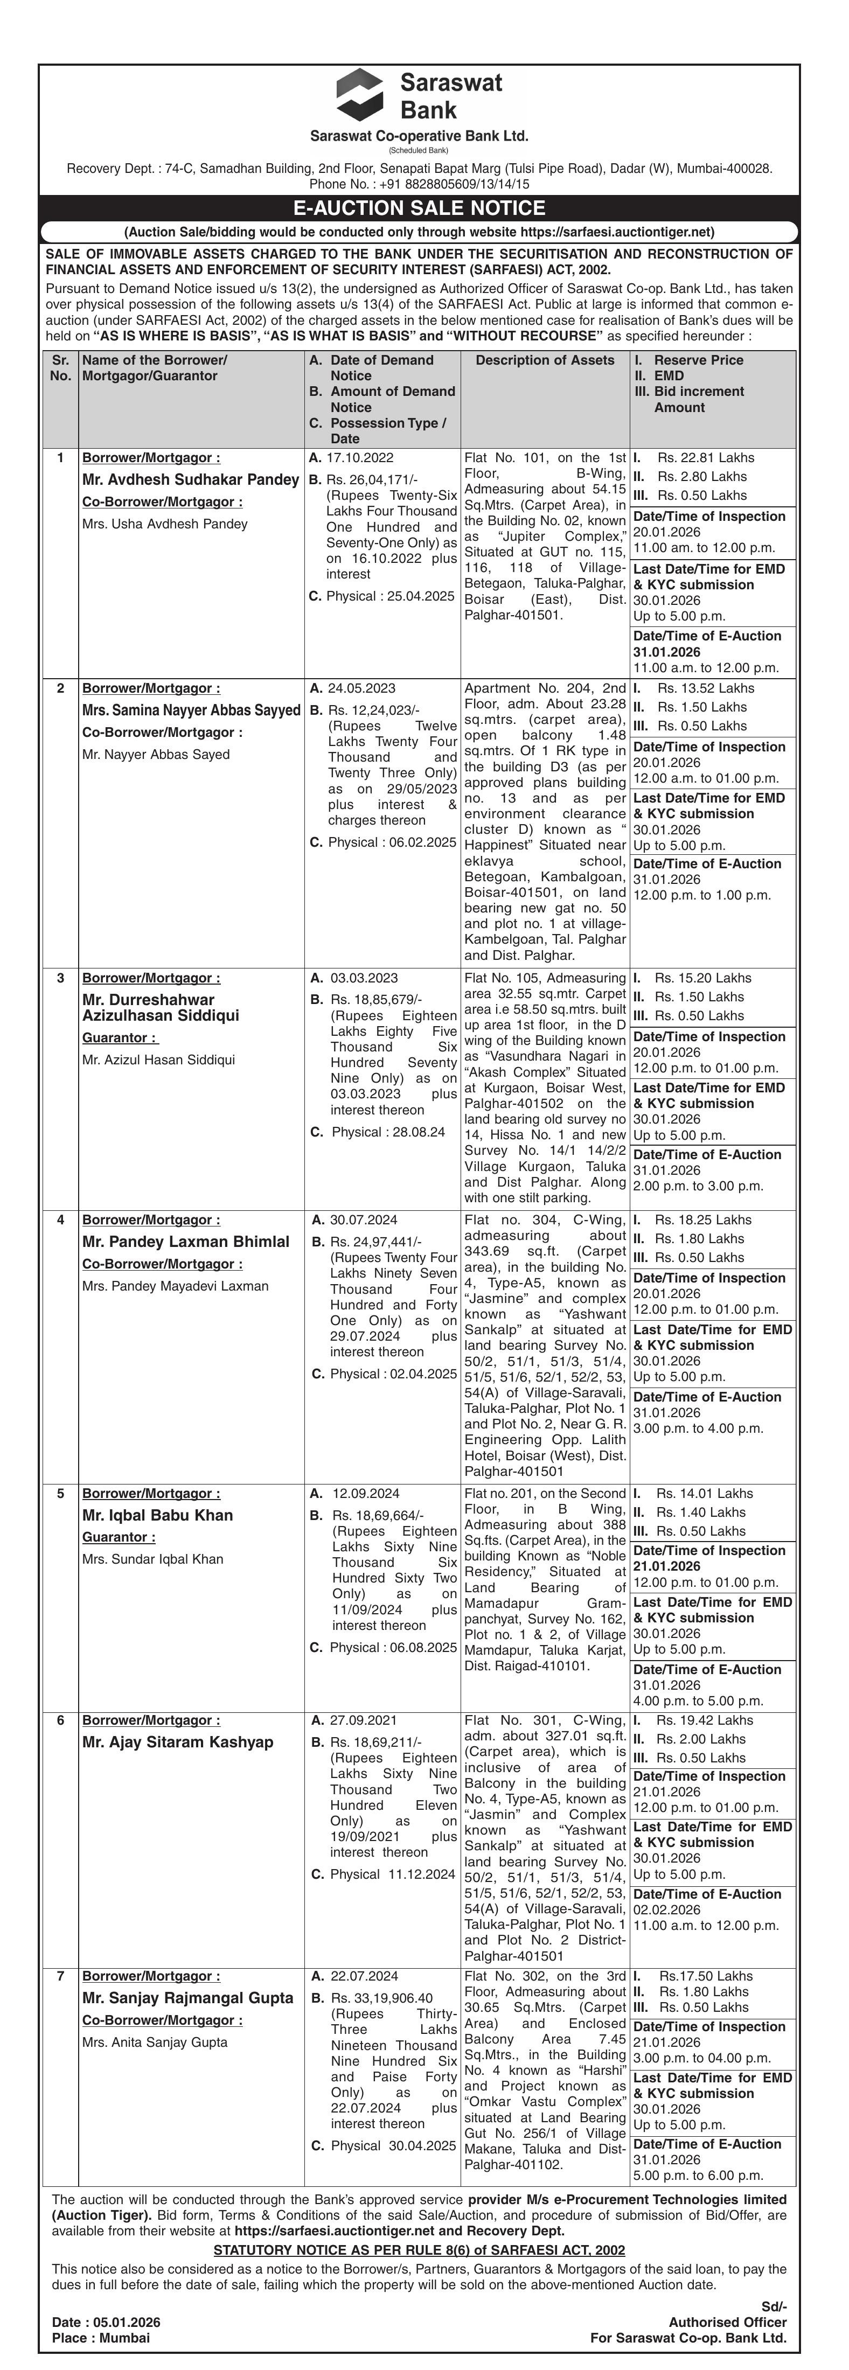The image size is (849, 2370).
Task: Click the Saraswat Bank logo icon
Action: tap(360, 95)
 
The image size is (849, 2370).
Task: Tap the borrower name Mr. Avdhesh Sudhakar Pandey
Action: tap(190, 479)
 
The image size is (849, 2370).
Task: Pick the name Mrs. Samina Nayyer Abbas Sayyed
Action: tap(191, 710)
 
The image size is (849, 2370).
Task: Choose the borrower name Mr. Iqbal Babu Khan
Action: tap(157, 1515)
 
